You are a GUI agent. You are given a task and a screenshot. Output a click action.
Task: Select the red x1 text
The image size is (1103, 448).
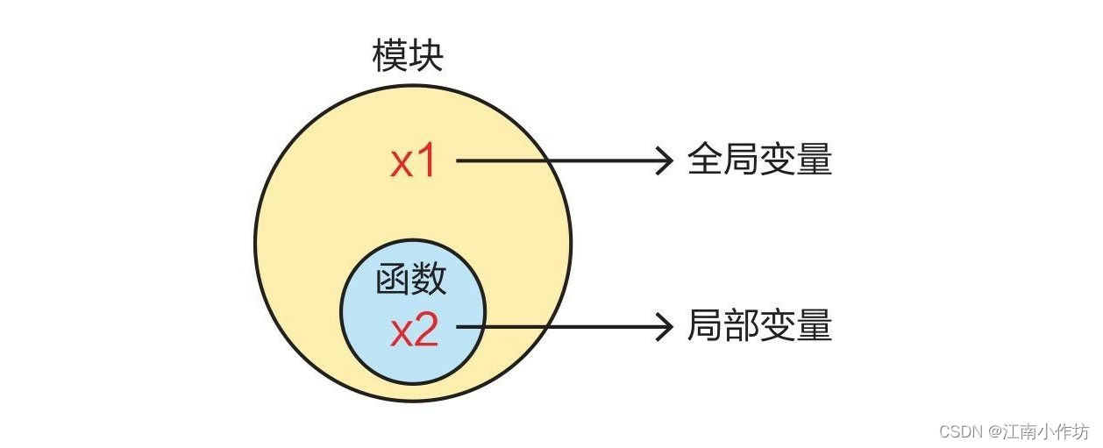(x=413, y=162)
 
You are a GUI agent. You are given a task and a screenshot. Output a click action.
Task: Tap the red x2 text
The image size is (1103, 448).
(x=414, y=331)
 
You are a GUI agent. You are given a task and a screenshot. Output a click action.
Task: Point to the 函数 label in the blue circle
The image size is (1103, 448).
(x=411, y=280)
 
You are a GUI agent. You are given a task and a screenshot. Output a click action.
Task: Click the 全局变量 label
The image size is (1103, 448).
(x=759, y=161)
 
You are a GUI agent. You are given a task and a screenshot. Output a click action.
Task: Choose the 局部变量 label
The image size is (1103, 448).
(x=759, y=326)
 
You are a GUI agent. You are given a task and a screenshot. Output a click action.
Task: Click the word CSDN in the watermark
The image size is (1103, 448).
(x=961, y=431)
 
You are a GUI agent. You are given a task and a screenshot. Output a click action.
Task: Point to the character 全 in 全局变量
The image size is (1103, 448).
(x=705, y=161)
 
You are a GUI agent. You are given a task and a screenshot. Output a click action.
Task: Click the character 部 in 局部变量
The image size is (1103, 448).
(x=742, y=326)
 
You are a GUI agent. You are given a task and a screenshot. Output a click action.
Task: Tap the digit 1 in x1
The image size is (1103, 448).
(x=426, y=162)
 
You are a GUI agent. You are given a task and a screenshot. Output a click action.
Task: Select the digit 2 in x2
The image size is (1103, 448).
(x=426, y=331)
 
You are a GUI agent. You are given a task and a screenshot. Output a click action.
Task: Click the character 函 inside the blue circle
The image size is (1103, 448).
(x=394, y=280)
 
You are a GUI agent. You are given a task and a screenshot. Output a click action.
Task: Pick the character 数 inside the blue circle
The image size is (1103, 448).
(x=430, y=280)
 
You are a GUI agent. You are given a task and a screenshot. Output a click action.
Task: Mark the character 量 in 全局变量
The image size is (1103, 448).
(x=815, y=161)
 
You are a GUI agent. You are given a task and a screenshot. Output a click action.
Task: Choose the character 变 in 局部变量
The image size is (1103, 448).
(x=779, y=326)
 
